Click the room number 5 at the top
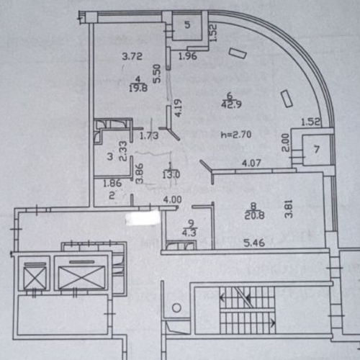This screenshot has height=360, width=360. point(186,25)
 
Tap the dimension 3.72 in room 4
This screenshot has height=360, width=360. point(130,56)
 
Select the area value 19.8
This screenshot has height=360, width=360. point(138,89)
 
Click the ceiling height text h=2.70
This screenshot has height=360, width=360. point(235,134)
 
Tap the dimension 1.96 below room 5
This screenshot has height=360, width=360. point(187,56)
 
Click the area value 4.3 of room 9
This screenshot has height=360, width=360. point(190,232)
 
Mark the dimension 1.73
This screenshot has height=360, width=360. point(148,135)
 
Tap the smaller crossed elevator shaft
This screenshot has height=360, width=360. point(35,276)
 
